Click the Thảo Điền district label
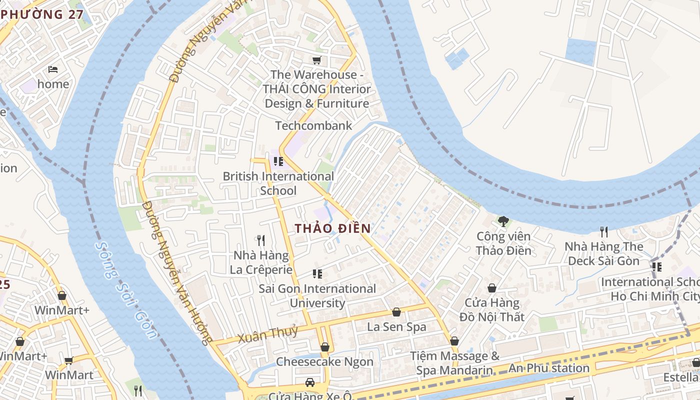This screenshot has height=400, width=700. coord(332,228)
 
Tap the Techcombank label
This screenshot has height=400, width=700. coord(314,125)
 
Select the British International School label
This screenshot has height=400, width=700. coord(278,183)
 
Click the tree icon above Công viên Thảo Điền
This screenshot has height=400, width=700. coord(503,221)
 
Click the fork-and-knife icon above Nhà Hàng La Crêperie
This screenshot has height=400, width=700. coord(260,240)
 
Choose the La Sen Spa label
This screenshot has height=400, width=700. coord(396,327)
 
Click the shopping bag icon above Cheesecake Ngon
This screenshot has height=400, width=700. coord(325,346)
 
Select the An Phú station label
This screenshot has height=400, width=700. coord(549,368)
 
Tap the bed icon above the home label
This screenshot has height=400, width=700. coord(53,69)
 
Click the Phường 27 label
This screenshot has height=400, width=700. coord(42,14)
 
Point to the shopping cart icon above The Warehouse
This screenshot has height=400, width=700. coord(316,60)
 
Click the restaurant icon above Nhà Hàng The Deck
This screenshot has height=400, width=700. coord(604,231)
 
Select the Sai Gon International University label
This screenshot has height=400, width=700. coord(317,295)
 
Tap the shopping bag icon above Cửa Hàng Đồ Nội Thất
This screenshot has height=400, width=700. coord(492,288)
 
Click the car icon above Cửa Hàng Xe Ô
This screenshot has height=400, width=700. coord(310,382)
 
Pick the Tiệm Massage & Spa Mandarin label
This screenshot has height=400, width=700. coord(454,363)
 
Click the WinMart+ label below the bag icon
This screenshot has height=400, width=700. coord(62,310)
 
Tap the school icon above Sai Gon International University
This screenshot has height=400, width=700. coord(317,273)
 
